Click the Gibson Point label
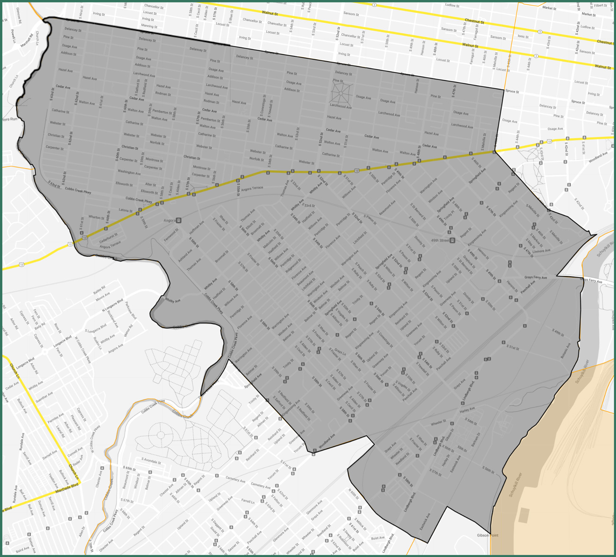[487, 536]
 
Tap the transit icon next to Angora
[179, 221]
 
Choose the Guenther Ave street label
[44, 397]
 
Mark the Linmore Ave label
[541, 251]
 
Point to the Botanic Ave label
[565, 350]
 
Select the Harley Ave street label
[467, 410]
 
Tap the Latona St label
[125, 210]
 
